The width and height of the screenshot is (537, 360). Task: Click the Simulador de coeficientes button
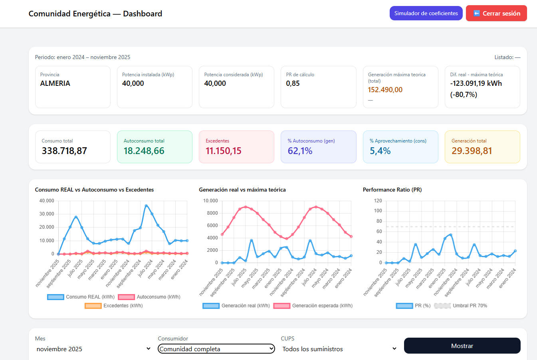pyautogui.click(x=426, y=13)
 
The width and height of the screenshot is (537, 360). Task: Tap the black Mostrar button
pyautogui.click(x=462, y=346)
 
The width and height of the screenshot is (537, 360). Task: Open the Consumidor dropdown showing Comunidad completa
pyautogui.click(x=216, y=349)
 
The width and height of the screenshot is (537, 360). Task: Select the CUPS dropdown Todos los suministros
pyautogui.click(x=339, y=349)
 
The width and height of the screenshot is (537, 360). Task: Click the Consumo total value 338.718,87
pyautogui.click(x=64, y=151)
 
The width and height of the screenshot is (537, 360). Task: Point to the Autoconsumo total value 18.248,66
pyautogui.click(x=144, y=151)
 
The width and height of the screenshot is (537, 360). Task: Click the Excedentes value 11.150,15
pyautogui.click(x=224, y=151)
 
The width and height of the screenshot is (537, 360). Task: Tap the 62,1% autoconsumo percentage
pyautogui.click(x=300, y=151)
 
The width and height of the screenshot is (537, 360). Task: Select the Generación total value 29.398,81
pyautogui.click(x=472, y=151)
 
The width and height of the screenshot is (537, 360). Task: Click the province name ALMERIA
pyautogui.click(x=55, y=83)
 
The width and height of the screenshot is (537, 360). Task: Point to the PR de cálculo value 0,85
pyautogui.click(x=293, y=83)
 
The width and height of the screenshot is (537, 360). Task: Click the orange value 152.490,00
pyautogui.click(x=385, y=90)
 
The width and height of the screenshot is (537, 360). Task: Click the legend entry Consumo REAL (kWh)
pyautogui.click(x=81, y=297)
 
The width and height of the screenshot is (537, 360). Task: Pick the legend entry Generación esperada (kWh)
pyautogui.click(x=313, y=306)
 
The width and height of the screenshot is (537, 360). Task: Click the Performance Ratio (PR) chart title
pyautogui.click(x=392, y=190)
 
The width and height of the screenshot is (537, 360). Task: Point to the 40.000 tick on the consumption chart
pyautogui.click(x=47, y=201)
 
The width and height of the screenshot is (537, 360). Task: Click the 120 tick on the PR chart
pyautogui.click(x=378, y=201)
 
